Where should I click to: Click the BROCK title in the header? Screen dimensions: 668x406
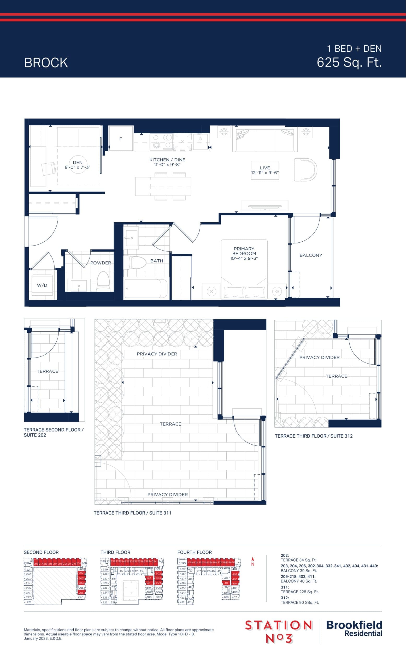(x=46, y=63)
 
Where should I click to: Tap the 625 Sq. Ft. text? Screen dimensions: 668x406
(x=349, y=62)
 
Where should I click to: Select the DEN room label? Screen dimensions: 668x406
(x=78, y=162)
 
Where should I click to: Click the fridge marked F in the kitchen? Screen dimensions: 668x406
(x=121, y=139)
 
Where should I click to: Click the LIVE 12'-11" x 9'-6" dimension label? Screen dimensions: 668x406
(x=265, y=170)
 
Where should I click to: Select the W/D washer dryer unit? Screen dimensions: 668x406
(x=42, y=285)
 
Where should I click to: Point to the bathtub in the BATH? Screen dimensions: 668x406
(x=146, y=288)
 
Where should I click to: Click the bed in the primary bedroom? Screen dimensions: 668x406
(x=244, y=271)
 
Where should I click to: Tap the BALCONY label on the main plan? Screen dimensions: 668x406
(x=311, y=255)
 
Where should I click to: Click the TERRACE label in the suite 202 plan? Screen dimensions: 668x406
(x=48, y=371)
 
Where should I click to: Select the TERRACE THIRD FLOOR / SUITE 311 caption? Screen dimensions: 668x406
(x=132, y=513)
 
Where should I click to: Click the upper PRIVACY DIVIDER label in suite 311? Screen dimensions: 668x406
(x=157, y=354)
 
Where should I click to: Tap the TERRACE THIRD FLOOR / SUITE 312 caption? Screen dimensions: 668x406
(x=314, y=436)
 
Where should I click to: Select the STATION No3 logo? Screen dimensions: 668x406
(x=279, y=631)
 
